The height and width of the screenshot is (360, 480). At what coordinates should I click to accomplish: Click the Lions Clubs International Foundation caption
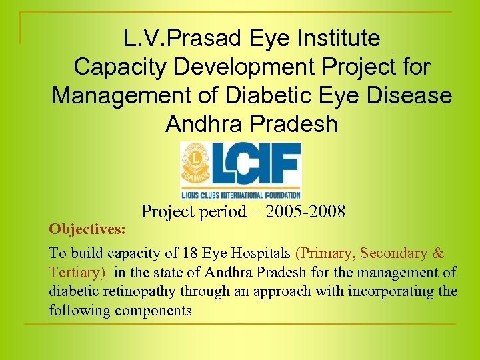[241, 195]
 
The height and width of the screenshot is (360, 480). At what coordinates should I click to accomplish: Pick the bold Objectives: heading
[87, 229]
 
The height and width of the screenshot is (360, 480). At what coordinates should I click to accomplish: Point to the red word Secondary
[394, 253]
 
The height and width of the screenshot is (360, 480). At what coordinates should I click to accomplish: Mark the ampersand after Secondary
[438, 253]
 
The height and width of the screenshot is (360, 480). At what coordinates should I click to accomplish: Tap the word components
[153, 311]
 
